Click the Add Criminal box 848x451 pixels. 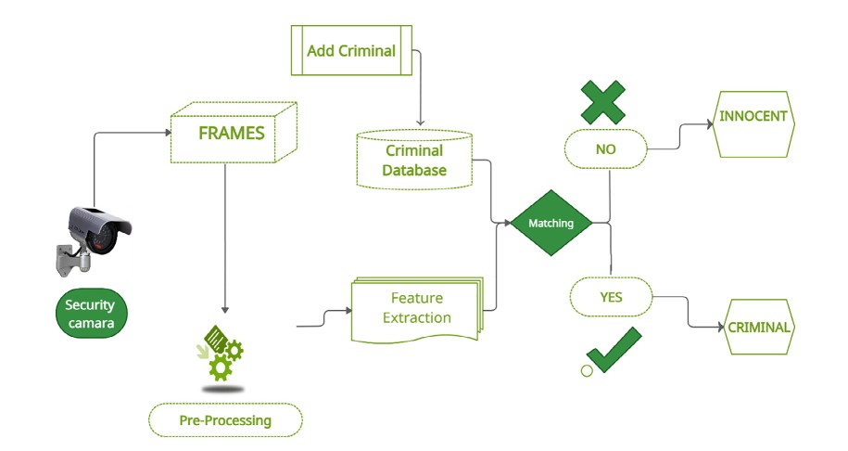click(350, 50)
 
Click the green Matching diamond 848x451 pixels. click(551, 223)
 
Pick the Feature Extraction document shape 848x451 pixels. click(416, 308)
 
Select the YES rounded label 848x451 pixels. click(611, 297)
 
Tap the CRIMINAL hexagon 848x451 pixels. click(758, 327)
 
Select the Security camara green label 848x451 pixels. click(90, 314)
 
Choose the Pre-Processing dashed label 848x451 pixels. click(225, 420)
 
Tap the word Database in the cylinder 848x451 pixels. click(414, 170)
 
